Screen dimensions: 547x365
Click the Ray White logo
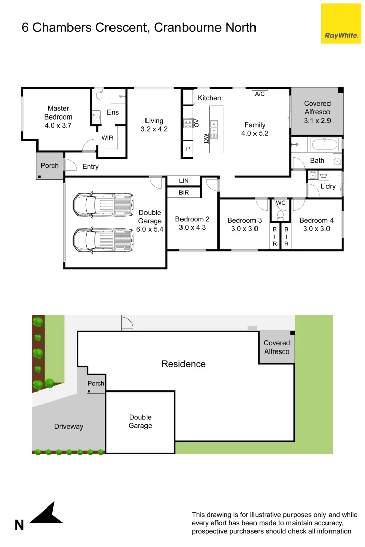tap(341, 23)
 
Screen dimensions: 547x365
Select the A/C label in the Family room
tap(260, 94)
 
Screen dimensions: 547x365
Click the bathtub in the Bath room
tap(324, 145)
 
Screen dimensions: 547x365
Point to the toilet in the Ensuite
tap(99, 95)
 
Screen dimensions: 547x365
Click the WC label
tap(280, 203)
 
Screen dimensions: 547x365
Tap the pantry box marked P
tap(188, 149)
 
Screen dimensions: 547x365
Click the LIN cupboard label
tap(184, 181)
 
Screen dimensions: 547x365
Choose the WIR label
tap(107, 138)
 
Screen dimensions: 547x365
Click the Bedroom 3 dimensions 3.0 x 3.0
tap(244, 229)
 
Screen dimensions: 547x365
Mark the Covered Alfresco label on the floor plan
tap(317, 112)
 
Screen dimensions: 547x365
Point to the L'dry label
tap(328, 187)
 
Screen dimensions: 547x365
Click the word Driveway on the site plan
tap(68, 426)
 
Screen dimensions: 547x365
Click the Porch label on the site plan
tap(96, 383)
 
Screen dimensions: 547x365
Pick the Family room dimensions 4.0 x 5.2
tap(254, 134)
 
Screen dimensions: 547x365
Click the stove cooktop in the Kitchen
tap(187, 123)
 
